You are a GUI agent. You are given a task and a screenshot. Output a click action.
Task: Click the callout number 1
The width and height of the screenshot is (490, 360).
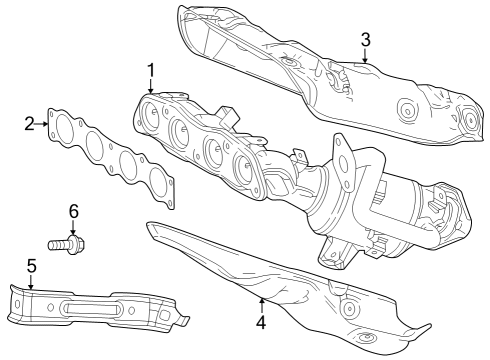pyautogui.click(x=150, y=70)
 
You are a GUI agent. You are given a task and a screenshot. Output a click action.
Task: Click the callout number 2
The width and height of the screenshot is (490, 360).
pyautogui.click(x=30, y=124)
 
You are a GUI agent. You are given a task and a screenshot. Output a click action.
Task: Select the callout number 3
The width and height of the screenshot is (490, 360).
pyautogui.click(x=366, y=39)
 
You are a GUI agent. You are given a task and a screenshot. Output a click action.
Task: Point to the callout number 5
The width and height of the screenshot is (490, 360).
pyautogui.click(x=31, y=266)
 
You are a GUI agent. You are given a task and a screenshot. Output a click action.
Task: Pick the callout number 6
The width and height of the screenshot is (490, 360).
pyautogui.click(x=73, y=211)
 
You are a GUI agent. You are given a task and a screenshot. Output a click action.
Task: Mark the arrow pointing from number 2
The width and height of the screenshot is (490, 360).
pyautogui.click(x=42, y=124)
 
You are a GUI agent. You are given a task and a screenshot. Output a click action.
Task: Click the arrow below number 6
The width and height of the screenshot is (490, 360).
pyautogui.click(x=73, y=226)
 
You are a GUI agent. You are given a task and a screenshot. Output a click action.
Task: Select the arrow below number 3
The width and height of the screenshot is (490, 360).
pyautogui.click(x=366, y=56)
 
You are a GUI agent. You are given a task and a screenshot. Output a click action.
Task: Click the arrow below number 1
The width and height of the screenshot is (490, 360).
pyautogui.click(x=150, y=88)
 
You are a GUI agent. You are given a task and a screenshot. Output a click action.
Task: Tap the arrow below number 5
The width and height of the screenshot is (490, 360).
pyautogui.click(x=31, y=282)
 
